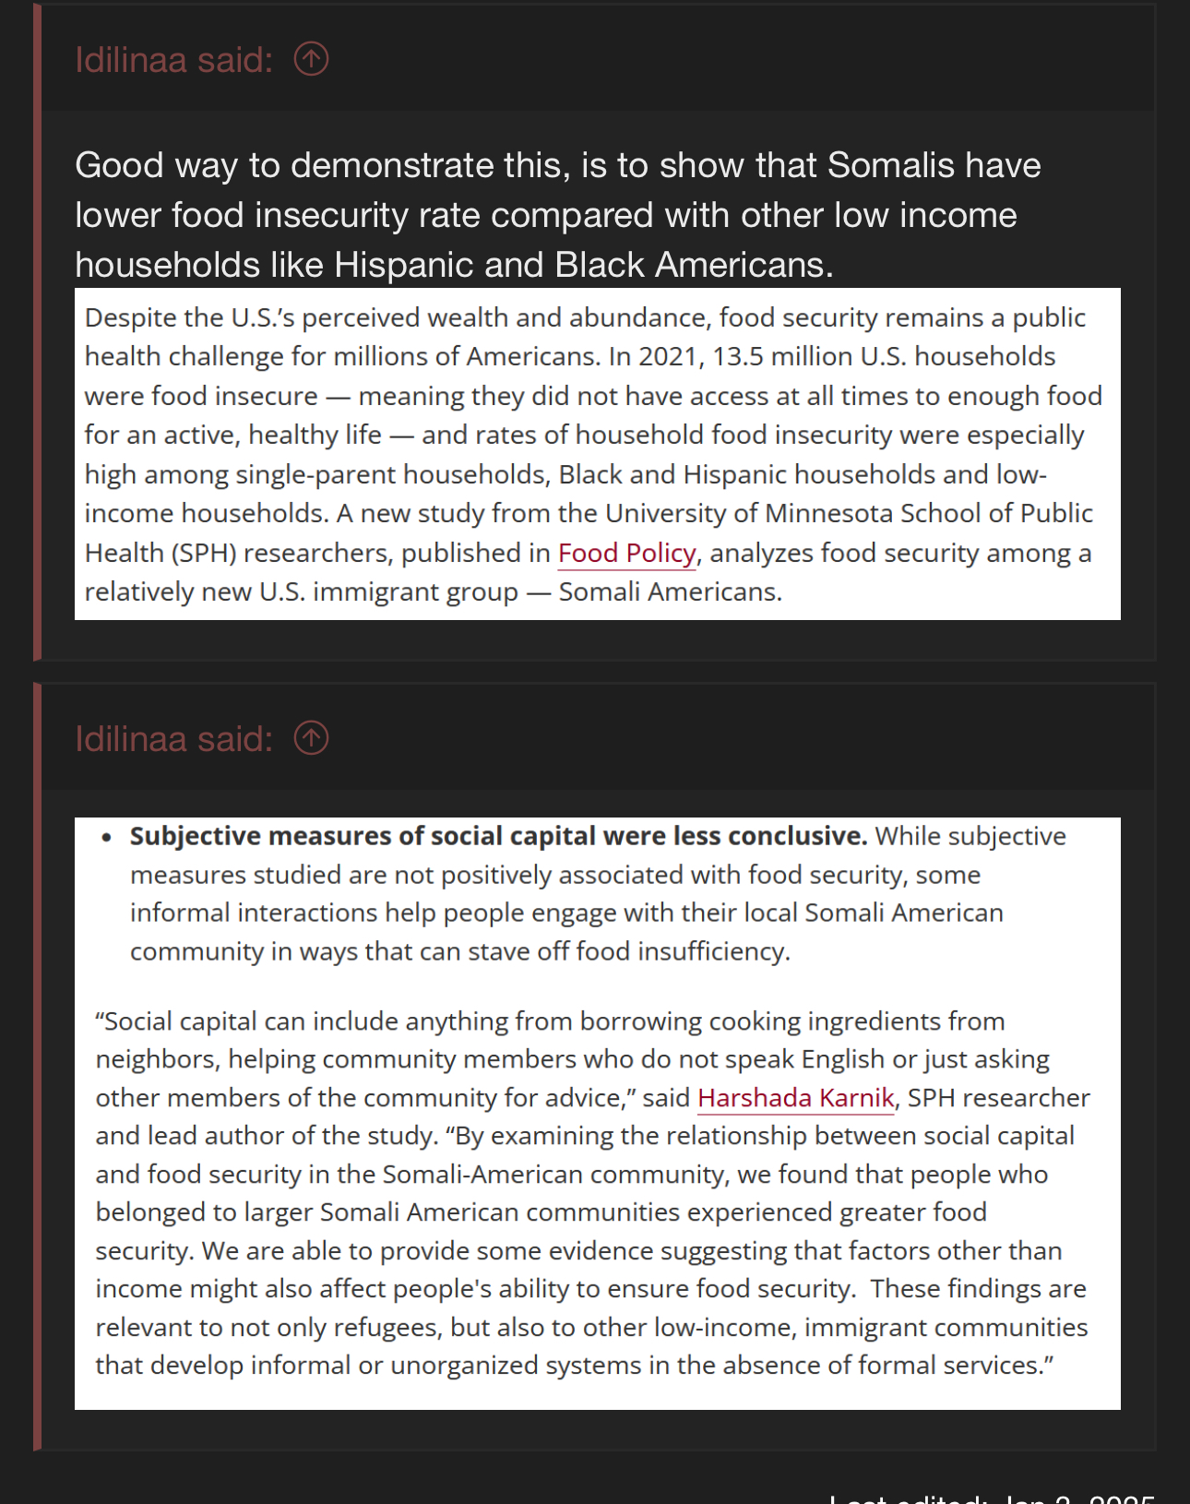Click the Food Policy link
click(x=626, y=553)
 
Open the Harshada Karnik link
click(x=795, y=1097)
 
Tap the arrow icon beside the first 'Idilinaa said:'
click(x=311, y=59)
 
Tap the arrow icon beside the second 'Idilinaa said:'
click(x=311, y=738)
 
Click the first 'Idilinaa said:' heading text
click(x=173, y=60)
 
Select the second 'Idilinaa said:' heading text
click(x=173, y=739)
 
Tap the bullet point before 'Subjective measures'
click(x=108, y=837)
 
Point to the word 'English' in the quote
click(x=844, y=1059)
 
